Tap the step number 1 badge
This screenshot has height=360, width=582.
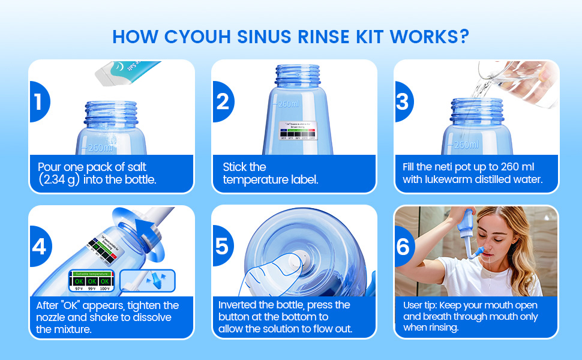38,102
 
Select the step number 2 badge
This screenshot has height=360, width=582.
222,102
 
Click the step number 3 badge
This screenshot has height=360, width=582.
403,102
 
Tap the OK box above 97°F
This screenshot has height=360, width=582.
78,280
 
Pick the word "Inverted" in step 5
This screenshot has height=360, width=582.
238,305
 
